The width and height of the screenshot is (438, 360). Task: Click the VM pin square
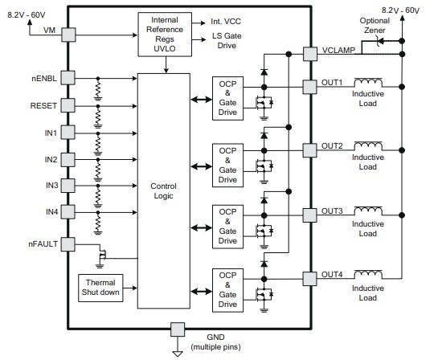click(68, 35)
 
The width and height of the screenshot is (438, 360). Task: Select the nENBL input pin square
click(68, 77)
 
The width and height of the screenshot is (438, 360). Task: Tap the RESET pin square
click(68, 104)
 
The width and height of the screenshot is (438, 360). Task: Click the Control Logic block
click(162, 190)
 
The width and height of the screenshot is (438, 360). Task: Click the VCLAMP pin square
click(310, 54)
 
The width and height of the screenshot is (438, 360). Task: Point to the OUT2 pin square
click(310, 149)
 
